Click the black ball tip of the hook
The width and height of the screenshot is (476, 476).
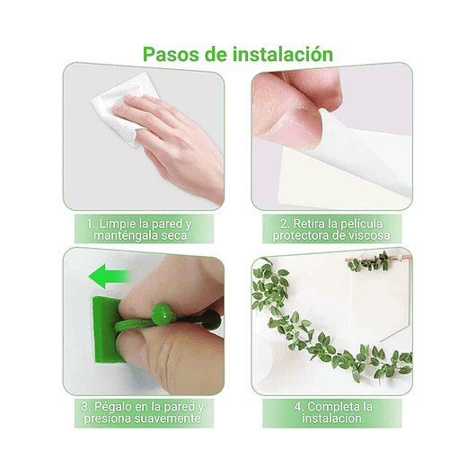211,319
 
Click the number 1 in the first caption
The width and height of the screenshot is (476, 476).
90,223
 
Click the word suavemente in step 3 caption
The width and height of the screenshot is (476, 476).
170,419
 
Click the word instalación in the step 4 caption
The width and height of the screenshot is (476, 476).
331,419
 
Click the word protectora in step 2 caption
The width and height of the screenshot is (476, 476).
311,235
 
